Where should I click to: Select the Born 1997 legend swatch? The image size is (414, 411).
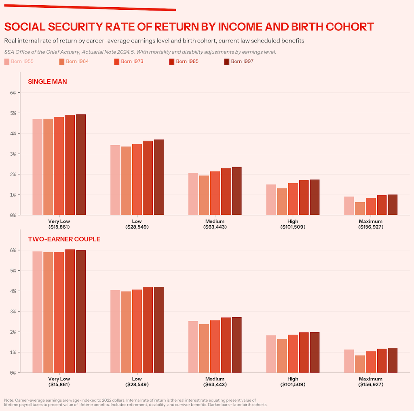tap(227, 61)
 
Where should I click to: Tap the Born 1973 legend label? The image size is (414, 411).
tap(132, 61)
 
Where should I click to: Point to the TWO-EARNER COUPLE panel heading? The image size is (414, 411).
tap(64, 239)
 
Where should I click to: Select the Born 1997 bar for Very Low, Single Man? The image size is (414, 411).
tap(81, 165)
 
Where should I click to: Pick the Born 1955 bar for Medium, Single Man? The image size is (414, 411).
tap(193, 194)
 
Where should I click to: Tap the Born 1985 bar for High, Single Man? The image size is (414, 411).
tap(304, 197)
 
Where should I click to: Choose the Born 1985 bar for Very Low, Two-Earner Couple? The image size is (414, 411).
tap(70, 311)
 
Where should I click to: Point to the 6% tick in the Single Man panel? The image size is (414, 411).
tap(13, 93)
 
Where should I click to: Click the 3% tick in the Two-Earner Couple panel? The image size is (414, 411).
tap(13, 311)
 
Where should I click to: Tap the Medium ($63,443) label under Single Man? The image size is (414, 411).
tap(215, 224)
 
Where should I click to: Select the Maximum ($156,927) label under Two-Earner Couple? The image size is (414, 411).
tap(371, 381)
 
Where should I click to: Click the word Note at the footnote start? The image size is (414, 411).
tap(9, 400)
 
